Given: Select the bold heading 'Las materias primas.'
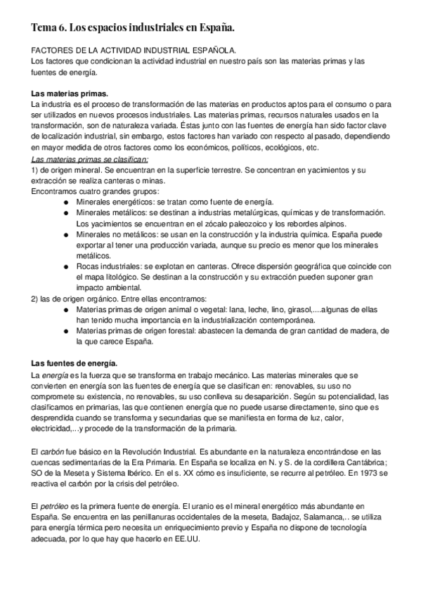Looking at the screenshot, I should pos(70,93).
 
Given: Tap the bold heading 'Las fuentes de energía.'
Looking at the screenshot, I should pos(75,363).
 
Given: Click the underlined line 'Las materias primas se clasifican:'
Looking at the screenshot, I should pos(90,159).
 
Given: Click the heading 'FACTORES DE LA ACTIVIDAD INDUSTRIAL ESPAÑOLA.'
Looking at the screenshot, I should pos(134,51).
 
